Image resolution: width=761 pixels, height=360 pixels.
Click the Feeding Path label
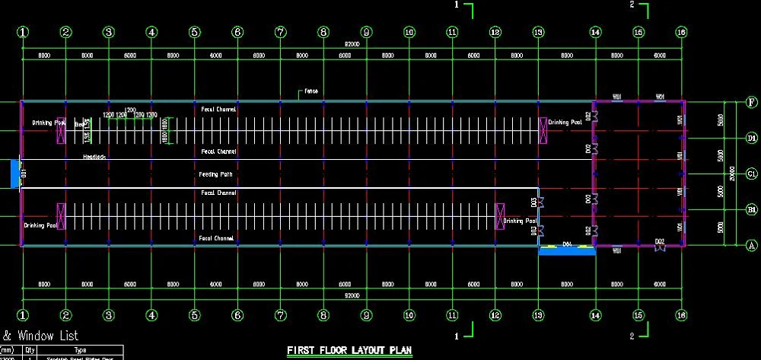(216, 174)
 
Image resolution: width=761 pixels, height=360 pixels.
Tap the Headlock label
(94, 157)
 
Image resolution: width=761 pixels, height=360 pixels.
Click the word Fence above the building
(310, 91)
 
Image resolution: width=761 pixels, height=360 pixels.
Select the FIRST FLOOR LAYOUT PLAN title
(349, 351)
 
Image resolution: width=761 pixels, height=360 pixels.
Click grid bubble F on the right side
(751, 103)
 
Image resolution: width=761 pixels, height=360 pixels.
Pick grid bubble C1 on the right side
(751, 174)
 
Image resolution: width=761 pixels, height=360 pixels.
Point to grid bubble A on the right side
(751, 245)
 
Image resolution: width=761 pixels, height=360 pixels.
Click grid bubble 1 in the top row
(24, 32)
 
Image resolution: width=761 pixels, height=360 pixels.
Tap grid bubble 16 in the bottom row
(681, 314)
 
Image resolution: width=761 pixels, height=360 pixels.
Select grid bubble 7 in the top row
(281, 32)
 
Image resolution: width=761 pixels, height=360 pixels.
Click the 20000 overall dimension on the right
(732, 174)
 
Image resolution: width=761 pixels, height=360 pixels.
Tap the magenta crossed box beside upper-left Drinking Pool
(60, 131)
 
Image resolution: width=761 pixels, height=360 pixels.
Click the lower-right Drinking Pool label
(520, 221)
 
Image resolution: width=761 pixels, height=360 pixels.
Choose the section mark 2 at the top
(632, 5)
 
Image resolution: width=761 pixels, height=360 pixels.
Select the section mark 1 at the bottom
(456, 336)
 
